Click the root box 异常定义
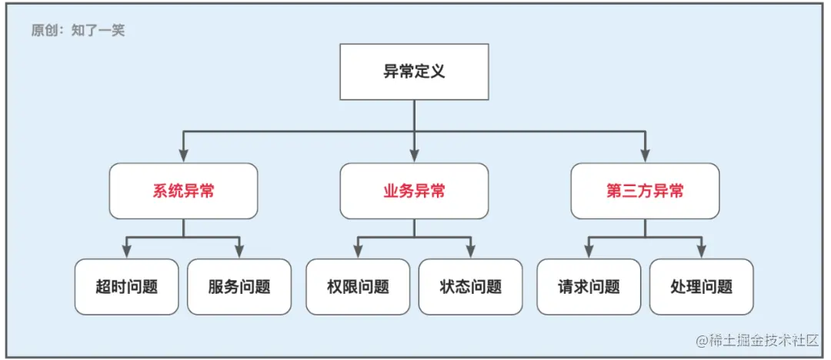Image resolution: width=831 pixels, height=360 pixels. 414,72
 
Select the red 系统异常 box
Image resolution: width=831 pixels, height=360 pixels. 183,191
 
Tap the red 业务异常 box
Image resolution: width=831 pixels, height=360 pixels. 414,191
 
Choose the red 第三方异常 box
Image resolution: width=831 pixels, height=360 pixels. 645,191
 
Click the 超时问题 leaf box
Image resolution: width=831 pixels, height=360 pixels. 127,287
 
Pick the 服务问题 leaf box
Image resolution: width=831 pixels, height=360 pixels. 239,287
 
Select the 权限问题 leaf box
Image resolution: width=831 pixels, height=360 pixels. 358,287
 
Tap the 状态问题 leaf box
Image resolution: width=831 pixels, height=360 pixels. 470,287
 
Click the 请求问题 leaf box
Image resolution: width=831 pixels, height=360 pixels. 589,287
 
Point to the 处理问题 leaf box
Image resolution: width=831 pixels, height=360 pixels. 701,287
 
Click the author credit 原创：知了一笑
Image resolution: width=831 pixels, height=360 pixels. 78,31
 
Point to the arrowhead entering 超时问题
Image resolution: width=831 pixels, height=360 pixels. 127,252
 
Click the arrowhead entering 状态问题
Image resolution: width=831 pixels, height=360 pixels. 470,252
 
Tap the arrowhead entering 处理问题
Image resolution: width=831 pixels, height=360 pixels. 701,252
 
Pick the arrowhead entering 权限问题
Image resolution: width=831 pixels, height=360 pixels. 358,252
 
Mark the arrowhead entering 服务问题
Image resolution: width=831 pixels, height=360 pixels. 239,252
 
